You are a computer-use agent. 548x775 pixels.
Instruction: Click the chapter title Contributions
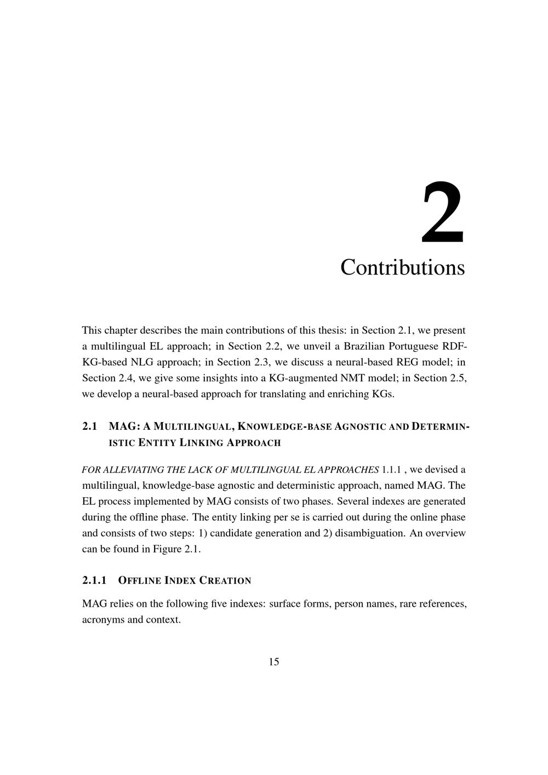pyautogui.click(x=402, y=267)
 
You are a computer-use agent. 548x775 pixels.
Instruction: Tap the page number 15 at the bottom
pyautogui.click(x=274, y=662)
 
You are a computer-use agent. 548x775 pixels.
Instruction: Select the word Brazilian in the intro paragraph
pyautogui.click(x=364, y=346)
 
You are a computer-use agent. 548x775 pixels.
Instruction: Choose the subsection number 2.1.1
pyautogui.click(x=94, y=580)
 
